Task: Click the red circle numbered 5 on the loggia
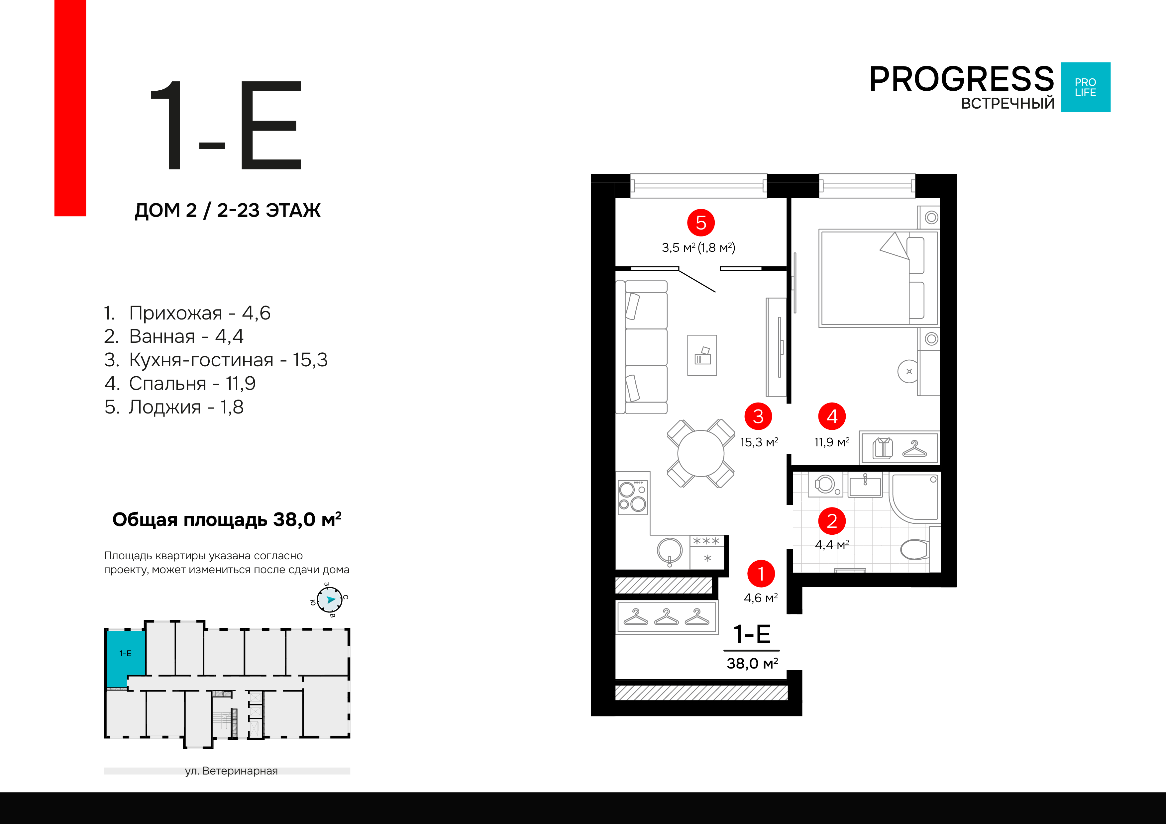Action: point(701,223)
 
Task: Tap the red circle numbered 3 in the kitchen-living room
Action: point(758,416)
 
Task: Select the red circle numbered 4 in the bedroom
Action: point(832,416)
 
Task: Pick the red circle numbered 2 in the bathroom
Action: point(832,521)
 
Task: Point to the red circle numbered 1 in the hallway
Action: point(761,574)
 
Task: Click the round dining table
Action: point(701,453)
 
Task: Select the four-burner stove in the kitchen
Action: point(632,497)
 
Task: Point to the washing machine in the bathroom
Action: point(825,484)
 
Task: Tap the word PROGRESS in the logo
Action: point(961,79)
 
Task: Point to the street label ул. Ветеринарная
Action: point(231,771)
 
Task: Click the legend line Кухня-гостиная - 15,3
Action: point(216,360)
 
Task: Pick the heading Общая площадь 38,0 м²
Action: point(227,520)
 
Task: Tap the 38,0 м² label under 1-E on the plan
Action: point(752,663)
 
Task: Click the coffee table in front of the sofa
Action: point(702,355)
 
